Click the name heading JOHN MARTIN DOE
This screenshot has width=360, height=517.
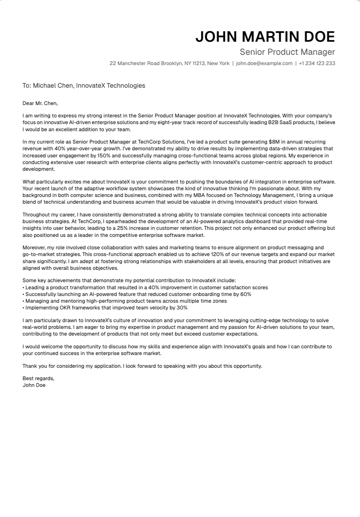click(x=265, y=37)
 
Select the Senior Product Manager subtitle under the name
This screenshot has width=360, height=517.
click(x=287, y=52)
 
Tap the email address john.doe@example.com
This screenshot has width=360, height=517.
click(x=264, y=63)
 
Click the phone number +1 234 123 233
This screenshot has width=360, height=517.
click(x=317, y=63)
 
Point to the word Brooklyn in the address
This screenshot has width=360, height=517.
click(x=172, y=63)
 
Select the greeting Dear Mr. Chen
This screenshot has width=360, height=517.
click(x=40, y=103)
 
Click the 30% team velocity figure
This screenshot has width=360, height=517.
click(x=182, y=308)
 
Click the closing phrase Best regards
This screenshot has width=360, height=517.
click(x=38, y=378)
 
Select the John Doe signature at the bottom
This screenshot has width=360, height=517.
click(x=34, y=385)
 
